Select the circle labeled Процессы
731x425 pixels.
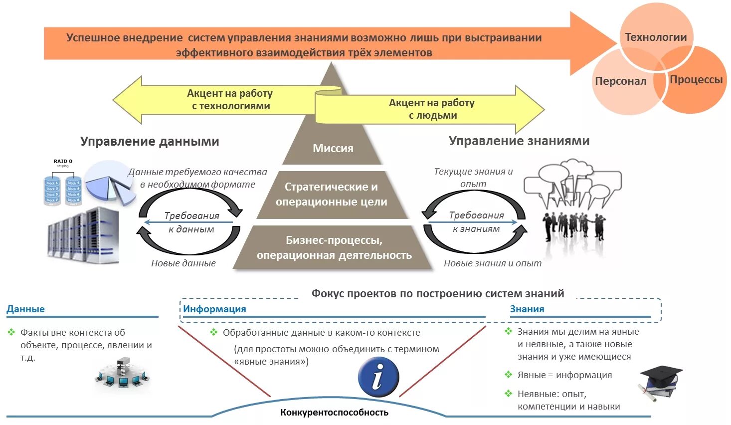(x=696, y=82)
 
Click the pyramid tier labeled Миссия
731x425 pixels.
(x=333, y=148)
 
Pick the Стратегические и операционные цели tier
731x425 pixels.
(x=332, y=195)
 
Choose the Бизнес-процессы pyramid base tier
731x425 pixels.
(x=334, y=248)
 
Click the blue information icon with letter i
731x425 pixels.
(x=378, y=377)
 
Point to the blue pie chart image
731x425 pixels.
(x=110, y=182)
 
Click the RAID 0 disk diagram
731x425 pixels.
(x=63, y=184)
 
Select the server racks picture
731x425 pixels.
(x=83, y=235)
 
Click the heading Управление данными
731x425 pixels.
(x=150, y=142)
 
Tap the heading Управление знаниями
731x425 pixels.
(x=519, y=141)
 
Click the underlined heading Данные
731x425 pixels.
(x=26, y=309)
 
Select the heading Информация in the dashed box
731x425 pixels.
(x=214, y=309)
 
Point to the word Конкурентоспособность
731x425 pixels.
(x=334, y=413)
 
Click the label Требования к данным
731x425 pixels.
(x=191, y=222)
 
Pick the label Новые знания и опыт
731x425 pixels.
(x=493, y=263)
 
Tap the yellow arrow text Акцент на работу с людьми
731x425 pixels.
(x=432, y=109)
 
